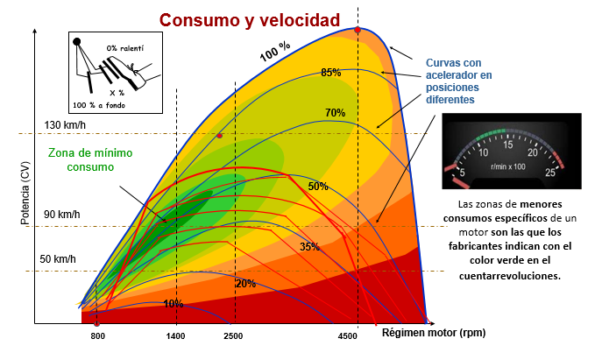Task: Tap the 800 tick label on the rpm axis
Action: tap(98, 336)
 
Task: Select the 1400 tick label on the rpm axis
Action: tap(176, 336)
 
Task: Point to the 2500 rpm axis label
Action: tap(233, 336)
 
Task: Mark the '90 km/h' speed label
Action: tap(60, 215)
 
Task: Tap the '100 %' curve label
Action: tap(275, 53)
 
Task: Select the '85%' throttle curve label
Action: tap(330, 73)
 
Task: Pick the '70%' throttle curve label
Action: tap(335, 113)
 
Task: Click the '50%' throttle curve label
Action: tap(318, 187)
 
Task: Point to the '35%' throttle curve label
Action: tap(309, 247)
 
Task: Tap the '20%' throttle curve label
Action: tap(245, 283)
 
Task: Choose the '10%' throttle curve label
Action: tap(173, 304)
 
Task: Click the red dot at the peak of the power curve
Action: tap(358, 30)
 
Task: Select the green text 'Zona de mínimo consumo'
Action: tap(81, 159)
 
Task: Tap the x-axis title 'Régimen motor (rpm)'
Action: tap(433, 333)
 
